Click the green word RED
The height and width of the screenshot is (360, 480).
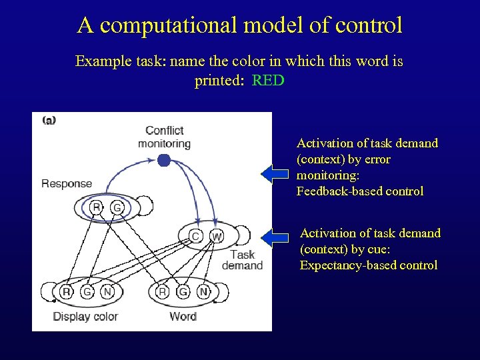click(x=268, y=81)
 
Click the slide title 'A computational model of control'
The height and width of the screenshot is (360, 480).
click(x=240, y=25)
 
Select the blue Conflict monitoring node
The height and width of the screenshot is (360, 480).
click(x=164, y=160)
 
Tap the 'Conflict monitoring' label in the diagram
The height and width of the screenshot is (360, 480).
click(x=164, y=137)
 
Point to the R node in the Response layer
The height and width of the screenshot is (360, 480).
click(x=97, y=208)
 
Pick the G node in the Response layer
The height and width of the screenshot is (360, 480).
click(x=117, y=208)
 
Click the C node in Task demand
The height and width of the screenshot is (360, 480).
click(x=195, y=236)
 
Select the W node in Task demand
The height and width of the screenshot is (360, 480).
click(x=217, y=236)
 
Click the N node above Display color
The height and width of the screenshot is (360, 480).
click(x=107, y=292)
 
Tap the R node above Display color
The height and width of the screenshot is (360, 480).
click(x=66, y=292)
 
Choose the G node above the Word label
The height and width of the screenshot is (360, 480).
click(x=183, y=292)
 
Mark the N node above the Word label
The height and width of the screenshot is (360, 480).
click(x=204, y=292)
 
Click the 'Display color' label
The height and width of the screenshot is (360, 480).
click(x=85, y=316)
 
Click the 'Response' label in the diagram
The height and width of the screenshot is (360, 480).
click(x=67, y=183)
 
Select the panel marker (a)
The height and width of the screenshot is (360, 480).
click(x=49, y=120)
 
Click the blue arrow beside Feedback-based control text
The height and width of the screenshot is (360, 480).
click(x=275, y=175)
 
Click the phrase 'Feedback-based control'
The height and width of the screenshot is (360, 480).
click(x=360, y=191)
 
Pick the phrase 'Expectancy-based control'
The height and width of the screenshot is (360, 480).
click(x=369, y=265)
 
